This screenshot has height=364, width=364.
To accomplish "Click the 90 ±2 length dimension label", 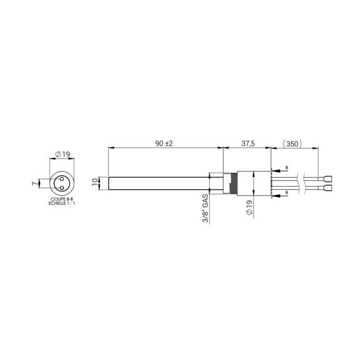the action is (164, 144).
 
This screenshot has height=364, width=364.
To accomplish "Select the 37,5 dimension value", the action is (248, 144).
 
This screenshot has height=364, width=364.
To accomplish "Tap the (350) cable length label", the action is (292, 144).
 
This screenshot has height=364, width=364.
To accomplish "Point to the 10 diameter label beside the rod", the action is (95, 182).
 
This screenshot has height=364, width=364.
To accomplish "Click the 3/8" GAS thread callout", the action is (206, 208).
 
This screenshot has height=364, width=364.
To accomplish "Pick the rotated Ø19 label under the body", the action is (249, 207).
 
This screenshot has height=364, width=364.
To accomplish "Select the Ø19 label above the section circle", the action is (63, 154).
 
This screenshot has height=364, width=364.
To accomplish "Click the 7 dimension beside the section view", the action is (34, 184).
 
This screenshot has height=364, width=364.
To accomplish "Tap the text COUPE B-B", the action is (62, 199).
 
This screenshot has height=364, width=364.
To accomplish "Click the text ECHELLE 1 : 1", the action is (62, 203).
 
